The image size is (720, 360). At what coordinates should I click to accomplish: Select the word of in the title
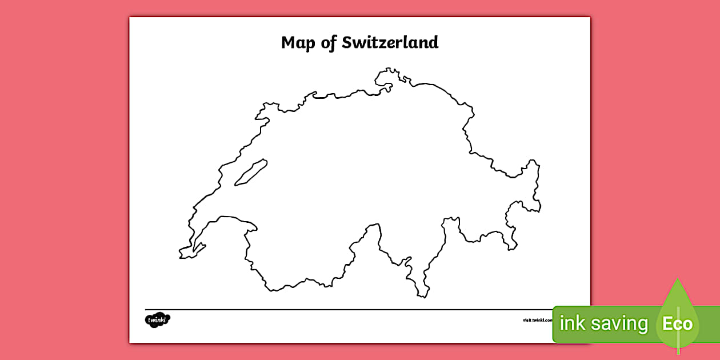pos(328,42)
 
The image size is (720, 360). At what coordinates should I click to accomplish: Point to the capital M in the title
pos(287,42)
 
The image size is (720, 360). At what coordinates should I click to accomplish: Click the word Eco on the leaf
pos(677,324)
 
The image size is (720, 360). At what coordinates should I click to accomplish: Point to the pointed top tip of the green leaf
pos(678,279)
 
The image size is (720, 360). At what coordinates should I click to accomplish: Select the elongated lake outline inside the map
pos(250,172)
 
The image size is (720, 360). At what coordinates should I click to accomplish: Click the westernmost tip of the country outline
pos(179,252)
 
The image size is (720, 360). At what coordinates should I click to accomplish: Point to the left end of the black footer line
pos(146,310)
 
